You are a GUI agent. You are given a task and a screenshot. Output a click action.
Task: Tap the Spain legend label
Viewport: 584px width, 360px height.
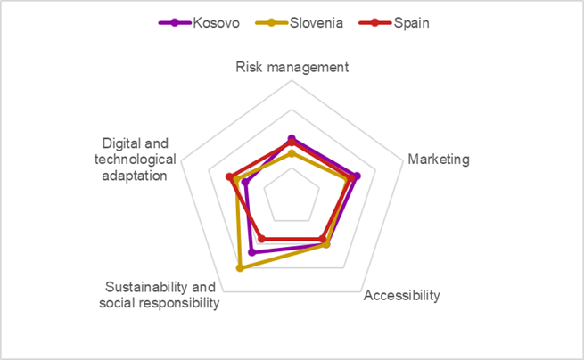(411, 23)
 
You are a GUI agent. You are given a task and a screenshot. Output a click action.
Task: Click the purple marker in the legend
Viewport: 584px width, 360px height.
(175, 23)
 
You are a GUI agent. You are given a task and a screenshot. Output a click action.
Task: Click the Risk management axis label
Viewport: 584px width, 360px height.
(292, 67)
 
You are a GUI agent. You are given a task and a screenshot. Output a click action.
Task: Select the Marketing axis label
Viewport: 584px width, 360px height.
(438, 160)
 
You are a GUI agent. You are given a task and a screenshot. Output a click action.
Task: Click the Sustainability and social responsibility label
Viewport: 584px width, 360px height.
(161, 295)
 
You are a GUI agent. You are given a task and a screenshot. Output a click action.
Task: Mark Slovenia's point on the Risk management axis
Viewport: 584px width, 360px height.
(292, 154)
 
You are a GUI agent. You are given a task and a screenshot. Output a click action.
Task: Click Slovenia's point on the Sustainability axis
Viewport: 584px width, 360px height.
(239, 267)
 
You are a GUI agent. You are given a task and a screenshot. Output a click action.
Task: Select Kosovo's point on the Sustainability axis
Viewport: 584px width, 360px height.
(252, 252)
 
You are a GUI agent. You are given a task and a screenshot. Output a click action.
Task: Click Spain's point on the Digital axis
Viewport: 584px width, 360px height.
(229, 176)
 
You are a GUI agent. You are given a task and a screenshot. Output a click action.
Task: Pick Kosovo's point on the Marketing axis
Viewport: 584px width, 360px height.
(357, 176)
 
